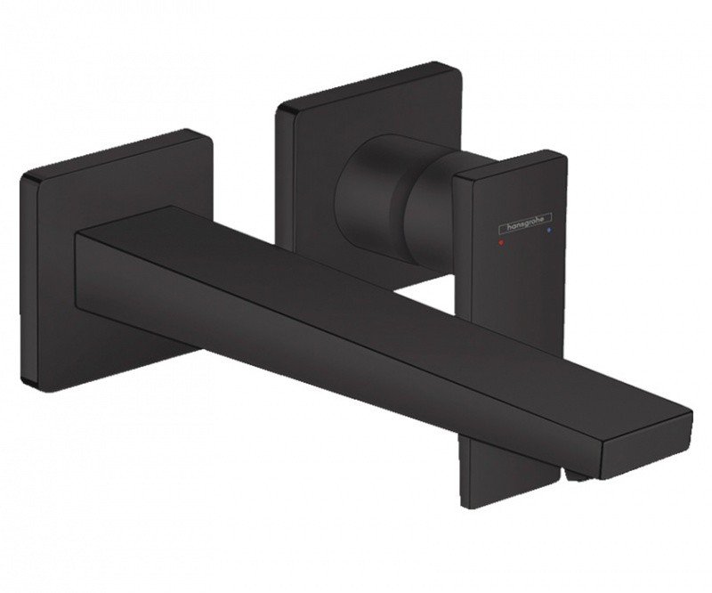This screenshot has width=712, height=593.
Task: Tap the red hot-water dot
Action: [x=504, y=240]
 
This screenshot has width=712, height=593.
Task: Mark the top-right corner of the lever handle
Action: [x=563, y=158]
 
